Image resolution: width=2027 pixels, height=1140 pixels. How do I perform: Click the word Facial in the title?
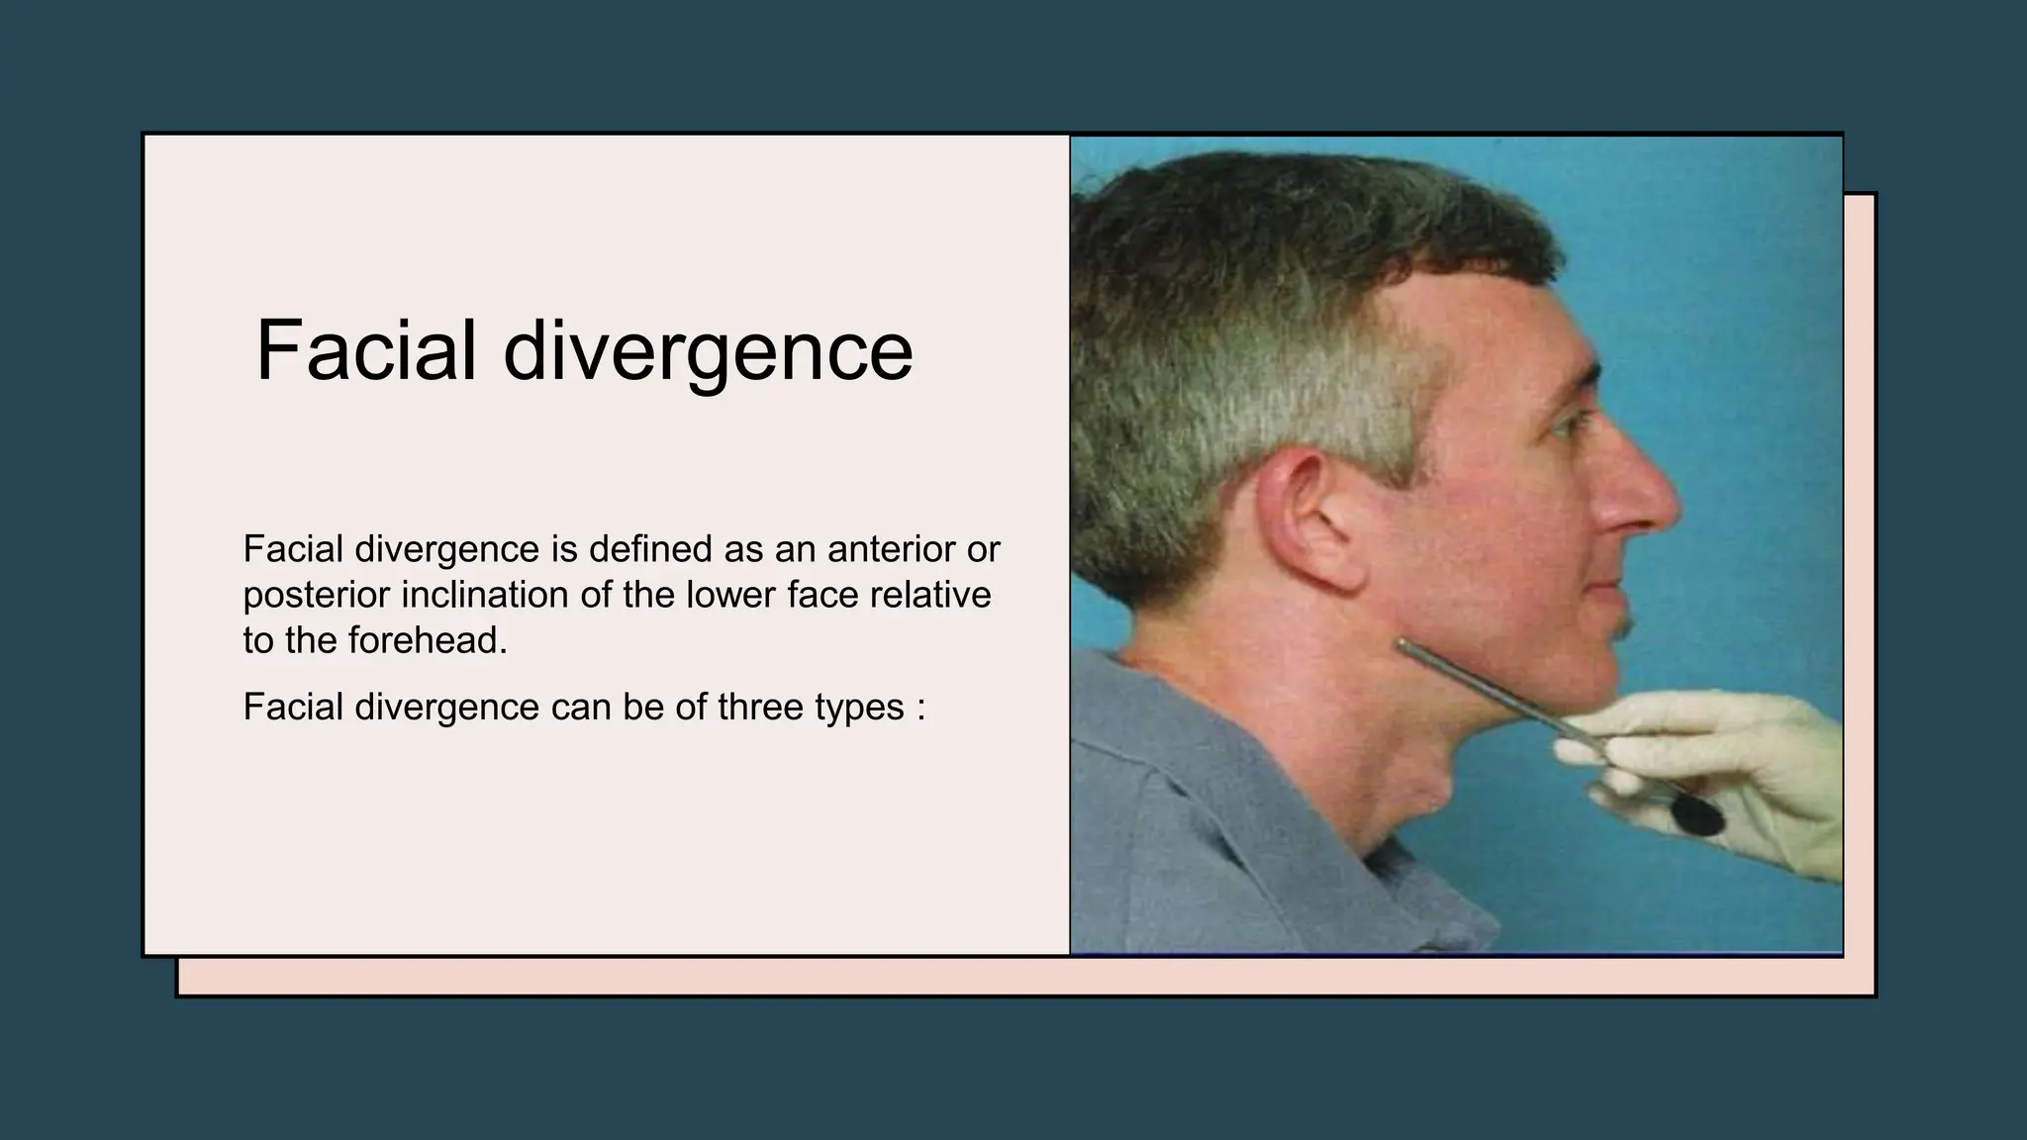point(366,350)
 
